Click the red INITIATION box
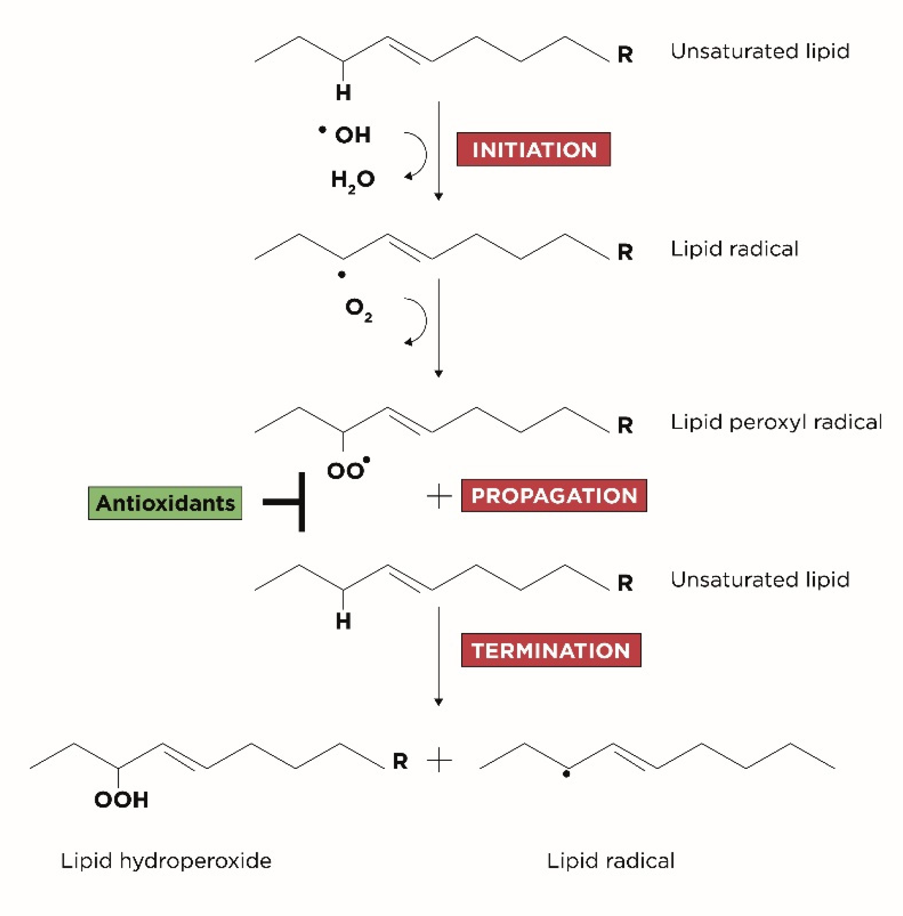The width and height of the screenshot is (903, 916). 533,149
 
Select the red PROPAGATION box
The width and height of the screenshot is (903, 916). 554,495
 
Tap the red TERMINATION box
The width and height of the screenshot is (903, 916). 551,650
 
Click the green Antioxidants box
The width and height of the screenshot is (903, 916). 165,503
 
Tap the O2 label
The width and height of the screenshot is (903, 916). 359,309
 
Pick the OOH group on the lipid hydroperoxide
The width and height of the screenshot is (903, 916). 121,799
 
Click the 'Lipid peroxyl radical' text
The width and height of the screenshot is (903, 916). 775,422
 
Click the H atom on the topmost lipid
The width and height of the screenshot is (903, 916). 343,92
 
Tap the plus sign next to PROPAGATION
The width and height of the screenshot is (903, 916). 439,497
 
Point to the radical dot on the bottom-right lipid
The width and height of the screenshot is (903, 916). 566,774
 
